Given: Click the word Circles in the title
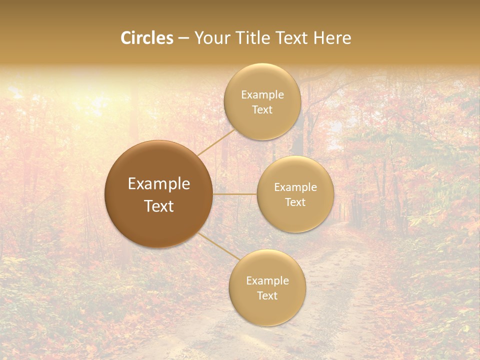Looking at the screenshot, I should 147,38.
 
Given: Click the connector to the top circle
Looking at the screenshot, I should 216,142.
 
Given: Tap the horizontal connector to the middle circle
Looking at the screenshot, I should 235,194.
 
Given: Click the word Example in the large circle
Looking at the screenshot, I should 159,184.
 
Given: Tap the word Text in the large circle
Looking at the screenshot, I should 159,206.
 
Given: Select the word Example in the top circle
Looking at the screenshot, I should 262,95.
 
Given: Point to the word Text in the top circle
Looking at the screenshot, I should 262,109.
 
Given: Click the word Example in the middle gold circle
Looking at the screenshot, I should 295,187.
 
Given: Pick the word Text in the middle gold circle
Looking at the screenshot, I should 295,202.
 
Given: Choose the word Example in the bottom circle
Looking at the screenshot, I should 267,281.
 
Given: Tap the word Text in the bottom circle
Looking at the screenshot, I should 267,295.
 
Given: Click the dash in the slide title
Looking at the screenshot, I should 183,38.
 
